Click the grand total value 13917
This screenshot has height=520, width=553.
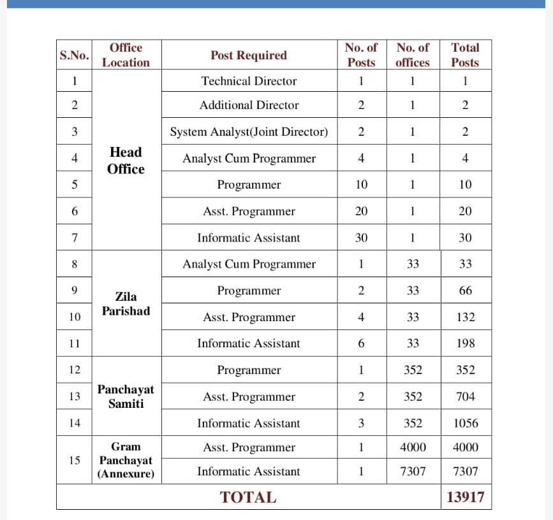click(x=465, y=497)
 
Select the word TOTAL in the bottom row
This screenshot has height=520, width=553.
click(x=248, y=498)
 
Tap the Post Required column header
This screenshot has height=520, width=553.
click(x=248, y=55)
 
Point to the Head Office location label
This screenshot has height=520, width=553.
click(x=126, y=161)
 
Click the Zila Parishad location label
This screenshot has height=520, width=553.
click(x=126, y=304)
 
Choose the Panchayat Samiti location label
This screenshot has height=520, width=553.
click(x=126, y=396)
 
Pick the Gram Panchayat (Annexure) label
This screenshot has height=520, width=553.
click(x=126, y=460)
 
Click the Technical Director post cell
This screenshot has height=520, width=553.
click(x=249, y=81)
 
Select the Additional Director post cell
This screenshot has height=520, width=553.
click(x=249, y=105)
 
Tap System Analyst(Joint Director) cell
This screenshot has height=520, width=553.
click(x=249, y=132)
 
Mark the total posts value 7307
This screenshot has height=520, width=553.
click(x=465, y=472)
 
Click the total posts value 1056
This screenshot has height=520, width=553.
click(x=465, y=423)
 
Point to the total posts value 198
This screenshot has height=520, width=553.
click(x=466, y=343)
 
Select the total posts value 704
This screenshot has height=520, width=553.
click(x=466, y=396)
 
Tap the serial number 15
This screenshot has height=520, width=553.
click(x=75, y=460)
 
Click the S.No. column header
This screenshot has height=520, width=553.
click(x=75, y=55)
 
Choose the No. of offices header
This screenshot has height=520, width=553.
click(x=413, y=55)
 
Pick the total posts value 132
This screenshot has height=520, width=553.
click(x=466, y=317)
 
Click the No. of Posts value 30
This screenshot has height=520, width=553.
click(x=361, y=238)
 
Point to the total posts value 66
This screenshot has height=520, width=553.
click(x=466, y=291)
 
